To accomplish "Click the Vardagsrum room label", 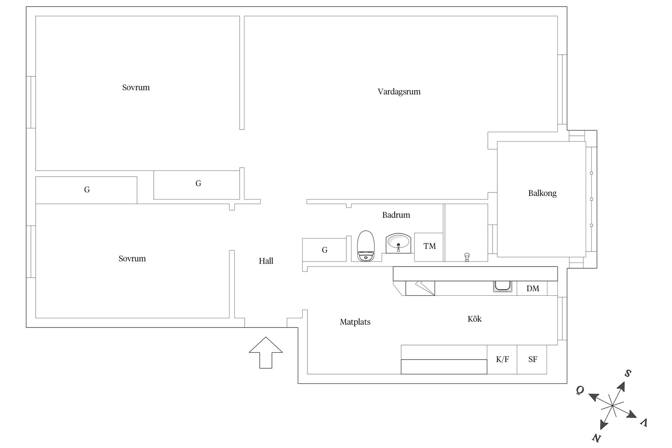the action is click(x=399, y=92).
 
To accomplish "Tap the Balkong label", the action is click(x=542, y=193).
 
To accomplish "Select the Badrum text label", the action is click(x=396, y=215).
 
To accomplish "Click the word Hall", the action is click(x=266, y=261).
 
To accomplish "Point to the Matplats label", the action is click(x=355, y=322).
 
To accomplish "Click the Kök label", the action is click(x=475, y=319).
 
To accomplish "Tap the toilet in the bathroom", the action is click(x=366, y=246).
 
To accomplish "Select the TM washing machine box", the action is click(x=429, y=247).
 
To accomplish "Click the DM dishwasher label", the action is click(x=533, y=288).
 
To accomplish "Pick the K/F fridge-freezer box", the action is click(x=502, y=359).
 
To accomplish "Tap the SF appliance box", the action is click(x=532, y=359).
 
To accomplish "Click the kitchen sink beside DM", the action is click(x=503, y=286).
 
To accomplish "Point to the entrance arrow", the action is click(x=266, y=352).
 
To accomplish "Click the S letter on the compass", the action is click(x=628, y=373).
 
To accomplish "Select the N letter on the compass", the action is click(x=596, y=437).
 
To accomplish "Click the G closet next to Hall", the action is click(x=324, y=250).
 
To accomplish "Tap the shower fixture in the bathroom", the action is click(x=467, y=257).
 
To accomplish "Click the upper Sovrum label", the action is click(x=136, y=87).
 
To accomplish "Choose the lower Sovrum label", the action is click(x=132, y=259).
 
